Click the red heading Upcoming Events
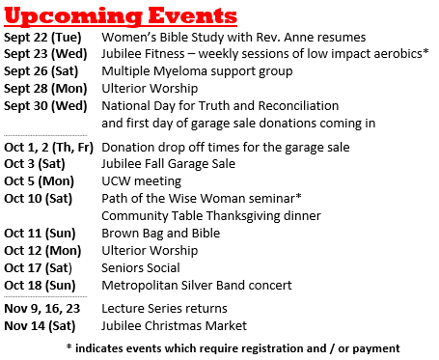pos(121,16)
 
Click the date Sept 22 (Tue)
pos(42,38)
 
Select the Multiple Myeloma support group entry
pos(197,71)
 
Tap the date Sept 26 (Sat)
pos(41,71)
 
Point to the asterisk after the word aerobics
pos(425,51)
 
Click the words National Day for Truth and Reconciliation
pos(220,106)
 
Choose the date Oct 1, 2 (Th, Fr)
pos(48,148)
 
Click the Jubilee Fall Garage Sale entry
pos(168,164)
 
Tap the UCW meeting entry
pos(141,181)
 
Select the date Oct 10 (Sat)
pos(38,199)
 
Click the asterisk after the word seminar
pos(298,196)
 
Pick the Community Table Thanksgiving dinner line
pos(211,216)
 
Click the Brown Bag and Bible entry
pos(161,234)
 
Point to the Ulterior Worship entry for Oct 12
pos(150,251)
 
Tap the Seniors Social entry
pos(141,268)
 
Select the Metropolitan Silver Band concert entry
pos(197,286)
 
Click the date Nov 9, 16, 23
pos(41,309)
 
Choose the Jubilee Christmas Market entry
pos(174,326)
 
